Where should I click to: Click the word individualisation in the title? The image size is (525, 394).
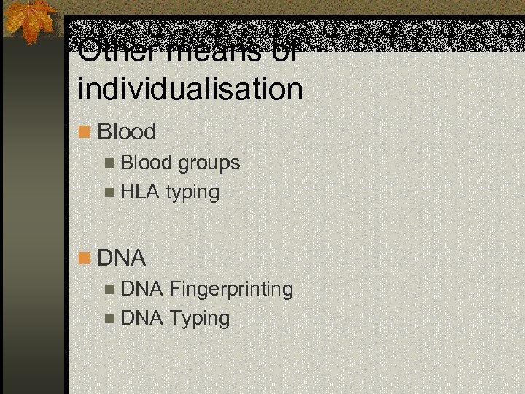[190, 90]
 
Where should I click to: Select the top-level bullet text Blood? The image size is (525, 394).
[126, 132]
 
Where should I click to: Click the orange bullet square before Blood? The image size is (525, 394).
[85, 133]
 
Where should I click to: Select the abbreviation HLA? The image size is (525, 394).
[141, 193]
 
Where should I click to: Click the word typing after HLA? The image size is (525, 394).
[192, 193]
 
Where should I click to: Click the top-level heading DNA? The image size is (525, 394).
[122, 258]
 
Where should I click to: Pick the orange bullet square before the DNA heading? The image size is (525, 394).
[85, 258]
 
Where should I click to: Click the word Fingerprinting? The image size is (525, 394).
[231, 290]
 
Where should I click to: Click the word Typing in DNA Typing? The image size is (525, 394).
[199, 319]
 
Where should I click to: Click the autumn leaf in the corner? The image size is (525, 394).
[31, 20]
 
